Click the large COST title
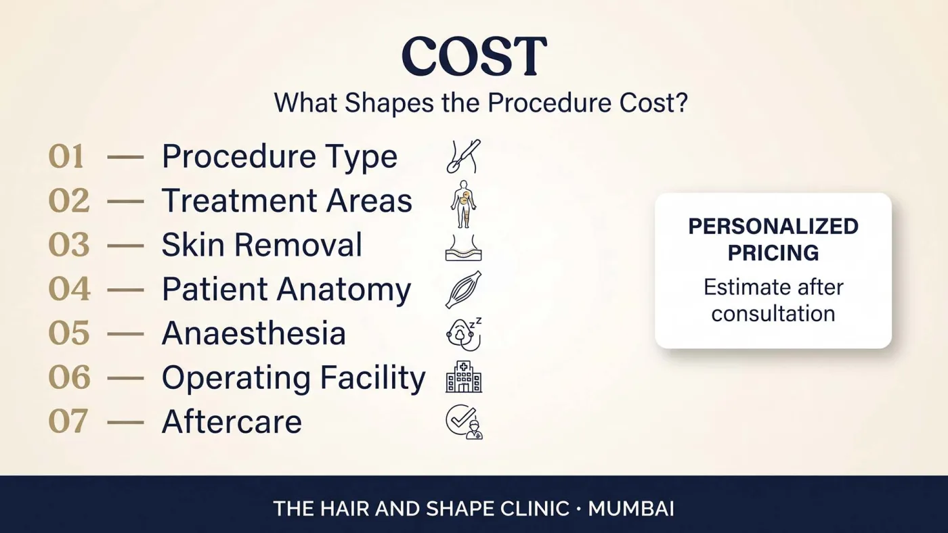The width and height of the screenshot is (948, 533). [475, 55]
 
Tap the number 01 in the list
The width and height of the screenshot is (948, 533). [66, 157]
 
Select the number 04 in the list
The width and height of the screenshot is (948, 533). [69, 289]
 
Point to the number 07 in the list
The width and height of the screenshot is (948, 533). [68, 421]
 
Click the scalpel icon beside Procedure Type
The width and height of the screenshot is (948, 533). [463, 156]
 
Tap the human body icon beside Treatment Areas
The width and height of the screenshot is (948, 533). [463, 204]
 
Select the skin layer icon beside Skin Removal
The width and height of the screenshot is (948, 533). [463, 248]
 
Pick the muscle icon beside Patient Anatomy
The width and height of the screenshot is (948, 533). [463, 289]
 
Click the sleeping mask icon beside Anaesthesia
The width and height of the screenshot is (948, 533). [464, 334]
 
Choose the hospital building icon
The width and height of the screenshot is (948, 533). [464, 377]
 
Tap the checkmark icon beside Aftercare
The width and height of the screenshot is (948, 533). [465, 422]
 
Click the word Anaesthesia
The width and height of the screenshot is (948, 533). [254, 333]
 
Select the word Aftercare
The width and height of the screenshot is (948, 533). [232, 422]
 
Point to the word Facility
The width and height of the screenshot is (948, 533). [372, 379]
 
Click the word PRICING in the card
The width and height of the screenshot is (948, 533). [773, 253]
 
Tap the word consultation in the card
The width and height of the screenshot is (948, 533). [773, 314]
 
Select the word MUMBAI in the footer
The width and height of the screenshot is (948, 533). [631, 509]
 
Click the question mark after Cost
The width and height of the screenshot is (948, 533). [681, 103]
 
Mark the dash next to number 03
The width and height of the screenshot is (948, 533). [125, 246]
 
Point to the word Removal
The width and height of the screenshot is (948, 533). [299, 245]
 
